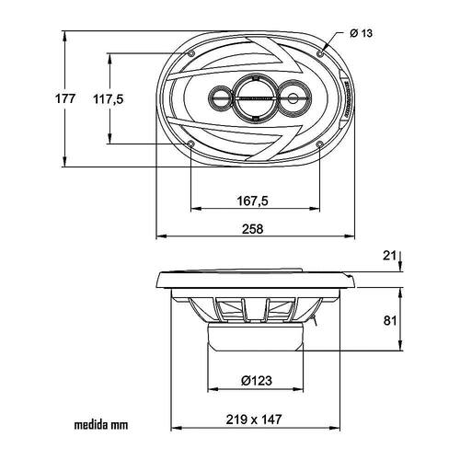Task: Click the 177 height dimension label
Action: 65,98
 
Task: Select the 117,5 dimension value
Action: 109,99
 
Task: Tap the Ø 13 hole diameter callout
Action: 361,33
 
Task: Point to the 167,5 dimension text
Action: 253,201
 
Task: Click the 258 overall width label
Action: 253,229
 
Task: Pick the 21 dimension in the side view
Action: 389,256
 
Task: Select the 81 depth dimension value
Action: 390,320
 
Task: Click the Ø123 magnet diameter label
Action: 257,381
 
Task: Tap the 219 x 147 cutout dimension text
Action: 254,420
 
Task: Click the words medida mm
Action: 101,425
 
